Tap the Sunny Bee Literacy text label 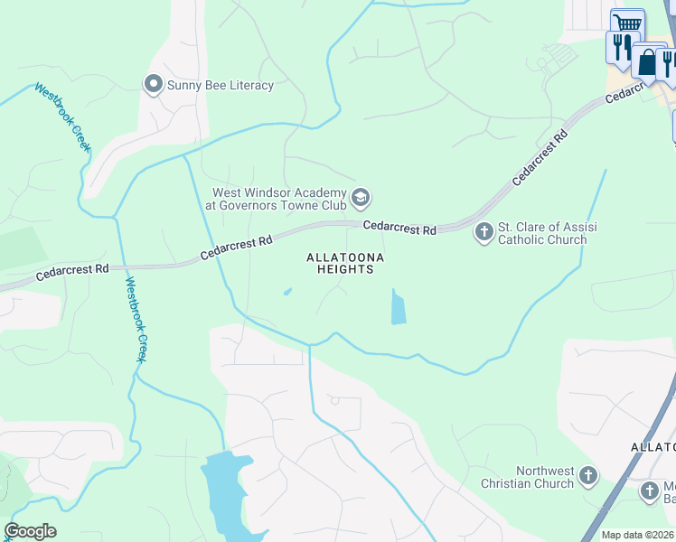coord(221,86)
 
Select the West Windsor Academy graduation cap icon coord(361,198)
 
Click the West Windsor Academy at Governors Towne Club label coord(279,199)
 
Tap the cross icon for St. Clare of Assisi coord(484,232)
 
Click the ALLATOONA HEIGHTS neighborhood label coord(345,264)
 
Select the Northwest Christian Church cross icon coord(588,476)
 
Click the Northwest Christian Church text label coord(545,477)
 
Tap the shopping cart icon coord(626,23)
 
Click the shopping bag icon coord(647,62)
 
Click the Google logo coord(30,531)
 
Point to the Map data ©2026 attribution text coord(638,535)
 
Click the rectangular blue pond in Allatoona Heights coord(398,307)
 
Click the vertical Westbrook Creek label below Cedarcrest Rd coord(136,320)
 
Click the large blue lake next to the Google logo coord(223,492)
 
